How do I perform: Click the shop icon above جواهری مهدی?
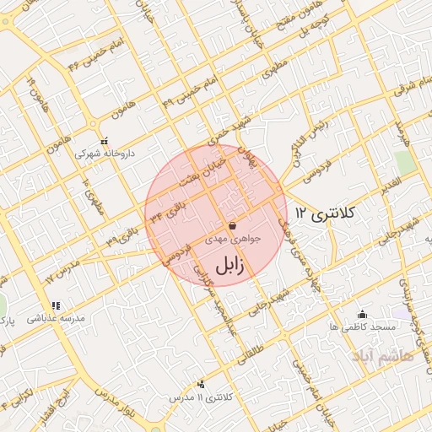(x=232, y=225)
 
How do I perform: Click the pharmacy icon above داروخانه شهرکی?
(x=105, y=141)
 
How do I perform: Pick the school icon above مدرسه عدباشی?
(x=55, y=305)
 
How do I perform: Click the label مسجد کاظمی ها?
(x=363, y=326)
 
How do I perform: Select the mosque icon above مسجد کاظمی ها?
(x=363, y=313)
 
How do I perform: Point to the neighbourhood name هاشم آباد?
(x=401, y=357)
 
